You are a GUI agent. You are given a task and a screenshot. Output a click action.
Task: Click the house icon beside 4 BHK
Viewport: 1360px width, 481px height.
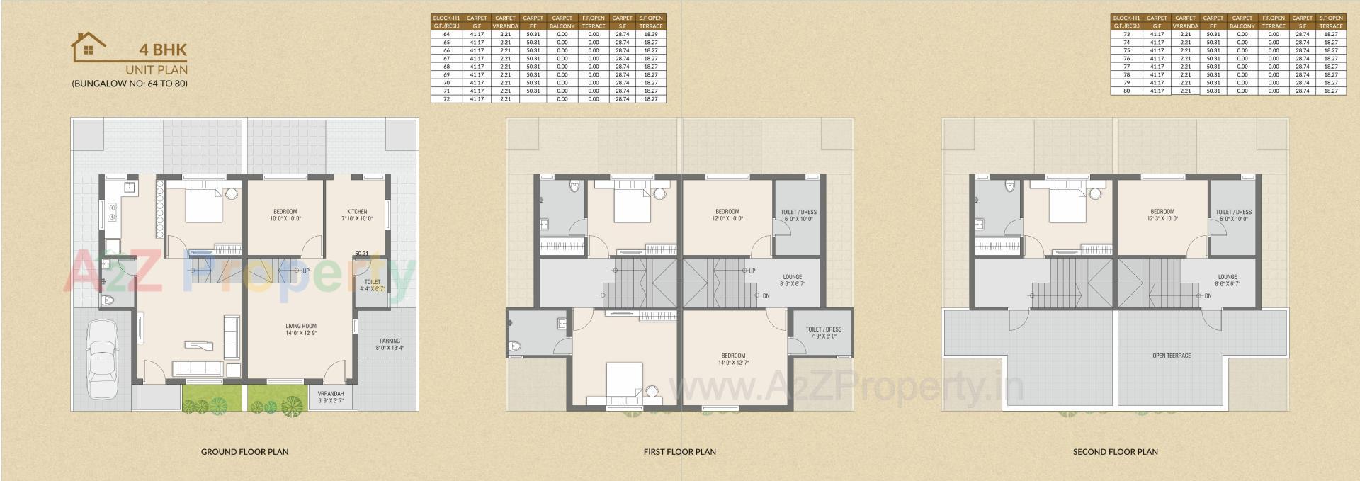(x=89, y=47)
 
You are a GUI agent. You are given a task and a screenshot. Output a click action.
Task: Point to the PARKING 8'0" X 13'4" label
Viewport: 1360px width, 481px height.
(x=390, y=344)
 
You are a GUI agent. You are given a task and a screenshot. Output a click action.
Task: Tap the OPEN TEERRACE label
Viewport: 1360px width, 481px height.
(x=1172, y=356)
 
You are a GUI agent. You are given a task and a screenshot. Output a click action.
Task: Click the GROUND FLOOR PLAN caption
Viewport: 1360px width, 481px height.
(x=244, y=451)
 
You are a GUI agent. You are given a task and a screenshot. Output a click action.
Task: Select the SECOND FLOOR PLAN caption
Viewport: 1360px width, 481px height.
(x=1115, y=451)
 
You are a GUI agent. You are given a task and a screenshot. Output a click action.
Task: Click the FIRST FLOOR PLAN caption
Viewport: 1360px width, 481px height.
(x=679, y=451)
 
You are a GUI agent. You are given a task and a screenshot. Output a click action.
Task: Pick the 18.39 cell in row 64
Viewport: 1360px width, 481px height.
(x=650, y=34)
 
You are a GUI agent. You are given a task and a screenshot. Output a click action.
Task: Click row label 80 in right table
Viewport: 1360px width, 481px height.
(x=1126, y=91)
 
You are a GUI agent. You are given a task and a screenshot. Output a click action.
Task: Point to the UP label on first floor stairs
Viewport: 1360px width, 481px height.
(x=752, y=271)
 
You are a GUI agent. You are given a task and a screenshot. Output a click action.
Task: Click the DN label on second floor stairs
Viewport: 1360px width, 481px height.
(x=1208, y=295)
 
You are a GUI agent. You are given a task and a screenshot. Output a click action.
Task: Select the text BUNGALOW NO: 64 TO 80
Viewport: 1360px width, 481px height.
(x=130, y=84)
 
